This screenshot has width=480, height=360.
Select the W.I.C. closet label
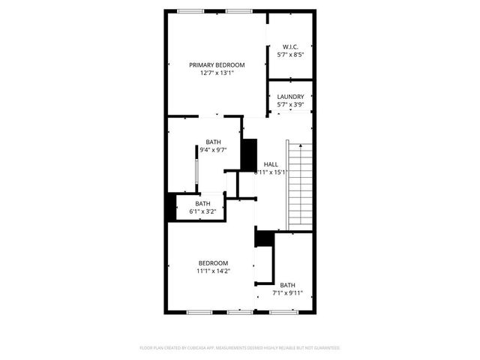[x=290, y=46]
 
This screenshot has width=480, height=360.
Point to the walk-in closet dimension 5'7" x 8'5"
[x=290, y=55]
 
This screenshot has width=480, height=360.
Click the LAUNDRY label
[x=290, y=97]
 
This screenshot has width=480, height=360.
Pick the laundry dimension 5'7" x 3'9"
[x=290, y=105]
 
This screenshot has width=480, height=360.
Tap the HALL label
[x=271, y=164]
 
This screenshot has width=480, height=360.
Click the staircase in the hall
[x=298, y=184]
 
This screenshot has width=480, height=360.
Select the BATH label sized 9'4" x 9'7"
[x=214, y=142]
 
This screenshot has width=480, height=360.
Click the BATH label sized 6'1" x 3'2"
[x=202, y=203]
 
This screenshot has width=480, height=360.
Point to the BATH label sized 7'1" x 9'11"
[x=288, y=285]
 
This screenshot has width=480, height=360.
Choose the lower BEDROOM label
[x=213, y=262]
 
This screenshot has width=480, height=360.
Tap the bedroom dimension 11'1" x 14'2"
[x=213, y=271]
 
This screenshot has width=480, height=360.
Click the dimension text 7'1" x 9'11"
[x=288, y=293]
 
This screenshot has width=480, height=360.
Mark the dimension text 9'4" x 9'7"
[x=214, y=151]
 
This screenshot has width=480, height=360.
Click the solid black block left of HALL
[x=248, y=154]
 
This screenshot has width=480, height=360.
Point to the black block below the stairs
[x=264, y=238]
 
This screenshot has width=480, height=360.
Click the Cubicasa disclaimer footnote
[x=240, y=348]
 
